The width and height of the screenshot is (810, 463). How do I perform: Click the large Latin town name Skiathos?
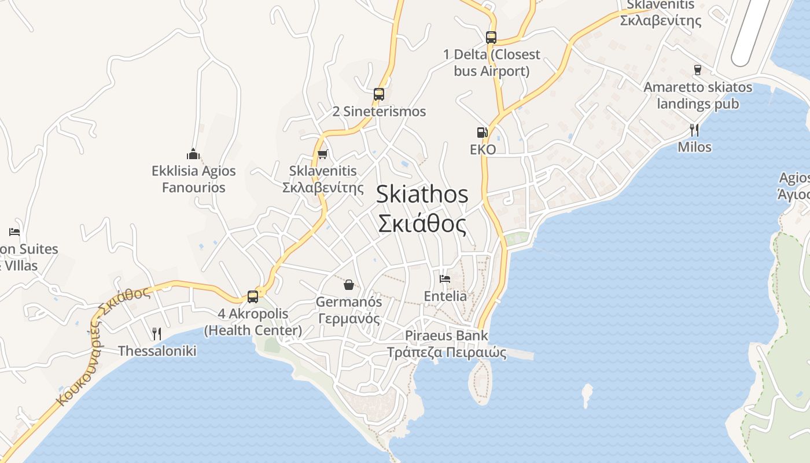coord(422,194)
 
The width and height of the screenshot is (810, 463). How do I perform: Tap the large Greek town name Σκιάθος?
coord(422,224)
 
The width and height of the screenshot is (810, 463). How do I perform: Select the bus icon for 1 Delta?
coord(491,38)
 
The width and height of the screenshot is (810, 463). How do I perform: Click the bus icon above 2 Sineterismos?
coord(379,94)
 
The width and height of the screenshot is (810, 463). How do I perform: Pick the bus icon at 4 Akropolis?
coord(253,296)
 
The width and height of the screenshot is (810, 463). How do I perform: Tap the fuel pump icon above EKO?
coord(482,133)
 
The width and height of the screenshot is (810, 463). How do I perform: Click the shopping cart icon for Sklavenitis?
coord(323,154)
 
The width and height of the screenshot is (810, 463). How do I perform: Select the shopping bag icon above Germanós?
coord(349,284)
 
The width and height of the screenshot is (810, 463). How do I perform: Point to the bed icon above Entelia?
coord(444,278)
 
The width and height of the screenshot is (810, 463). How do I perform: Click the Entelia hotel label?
coord(445,296)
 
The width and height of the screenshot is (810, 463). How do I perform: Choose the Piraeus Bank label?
coord(446,336)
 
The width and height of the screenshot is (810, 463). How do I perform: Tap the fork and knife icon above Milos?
coord(694,130)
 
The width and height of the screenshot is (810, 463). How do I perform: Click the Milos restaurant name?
coord(694,147)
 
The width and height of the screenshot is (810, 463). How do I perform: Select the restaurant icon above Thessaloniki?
coord(156,333)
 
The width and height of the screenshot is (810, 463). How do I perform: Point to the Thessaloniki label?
coord(157,351)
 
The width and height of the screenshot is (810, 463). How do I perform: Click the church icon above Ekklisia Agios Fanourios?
coord(193,154)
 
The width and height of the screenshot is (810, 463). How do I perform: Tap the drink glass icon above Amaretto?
coord(697,70)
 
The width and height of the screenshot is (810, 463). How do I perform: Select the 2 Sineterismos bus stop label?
coord(379,111)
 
